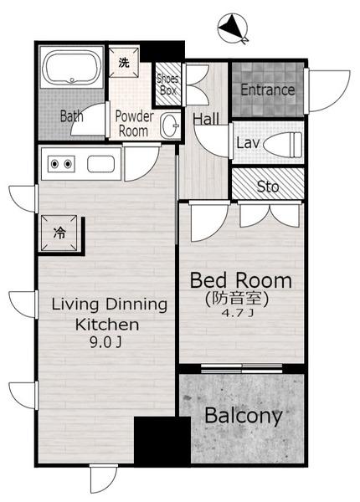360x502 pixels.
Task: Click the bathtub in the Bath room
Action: click(72, 68)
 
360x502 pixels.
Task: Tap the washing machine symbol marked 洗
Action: click(124, 62)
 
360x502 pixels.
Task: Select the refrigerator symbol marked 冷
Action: click(59, 233)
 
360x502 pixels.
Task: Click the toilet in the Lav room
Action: click(282, 145)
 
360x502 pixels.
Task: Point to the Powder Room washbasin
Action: click(171, 125)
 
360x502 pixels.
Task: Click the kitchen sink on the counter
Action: click(101, 164)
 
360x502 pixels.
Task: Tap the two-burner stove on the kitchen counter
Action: click(61, 164)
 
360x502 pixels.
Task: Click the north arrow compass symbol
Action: click(233, 28)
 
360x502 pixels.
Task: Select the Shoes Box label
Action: click(167, 85)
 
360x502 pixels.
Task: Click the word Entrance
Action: click(267, 90)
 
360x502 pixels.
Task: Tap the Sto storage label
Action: click(268, 187)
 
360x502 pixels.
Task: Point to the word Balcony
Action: click(243, 416)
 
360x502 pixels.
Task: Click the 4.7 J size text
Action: click(237, 313)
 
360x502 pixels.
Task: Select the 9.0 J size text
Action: click(105, 343)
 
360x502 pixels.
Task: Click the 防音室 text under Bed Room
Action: click(236, 299)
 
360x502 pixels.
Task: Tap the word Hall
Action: click(206, 119)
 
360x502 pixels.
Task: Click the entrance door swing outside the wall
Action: click(329, 90)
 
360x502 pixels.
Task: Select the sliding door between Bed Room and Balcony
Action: click(241, 368)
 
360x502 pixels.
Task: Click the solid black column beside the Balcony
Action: click(162, 440)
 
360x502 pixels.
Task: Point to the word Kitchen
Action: click(107, 325)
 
